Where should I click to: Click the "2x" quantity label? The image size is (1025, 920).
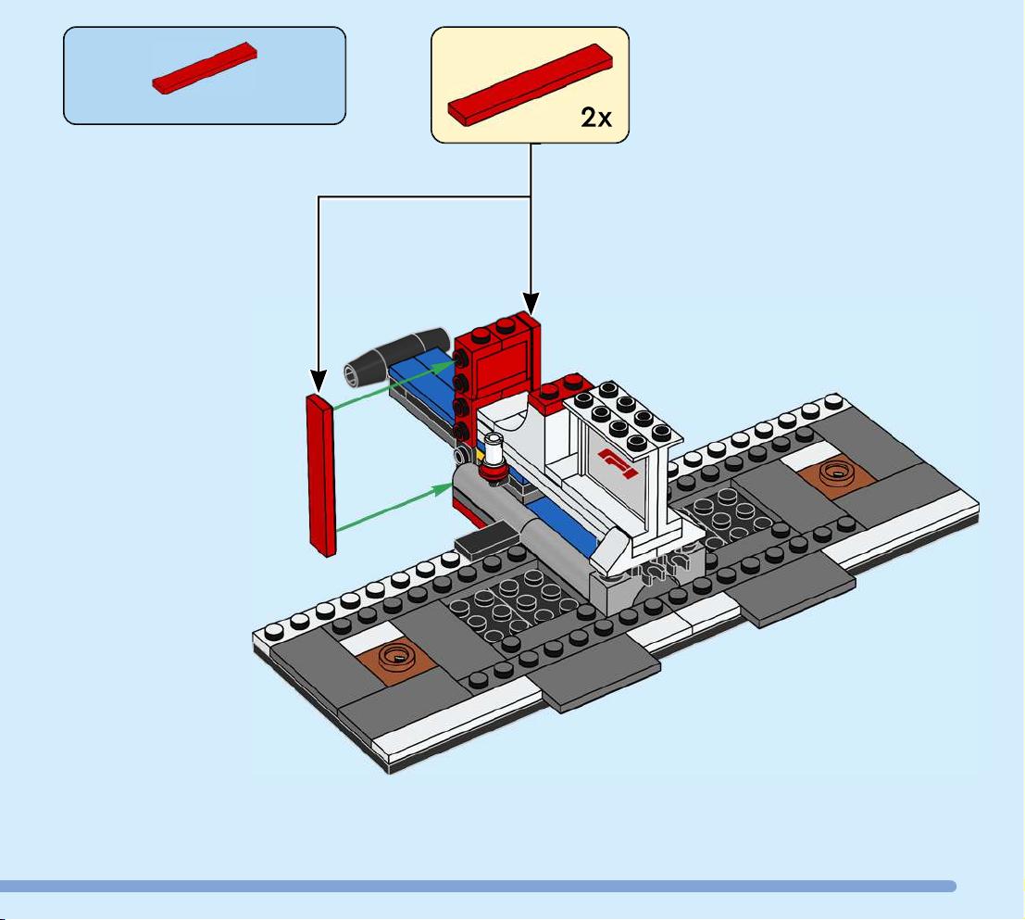(x=596, y=118)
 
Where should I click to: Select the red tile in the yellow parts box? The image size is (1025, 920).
(x=531, y=84)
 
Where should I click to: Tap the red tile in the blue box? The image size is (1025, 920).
(x=205, y=68)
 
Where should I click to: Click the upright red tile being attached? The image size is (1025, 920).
(x=321, y=474)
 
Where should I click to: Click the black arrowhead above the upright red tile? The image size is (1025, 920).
(x=319, y=381)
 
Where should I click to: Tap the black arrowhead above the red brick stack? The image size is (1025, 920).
(x=531, y=303)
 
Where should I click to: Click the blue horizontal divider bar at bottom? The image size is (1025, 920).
(x=477, y=886)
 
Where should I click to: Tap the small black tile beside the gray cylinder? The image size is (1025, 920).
(x=486, y=538)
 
